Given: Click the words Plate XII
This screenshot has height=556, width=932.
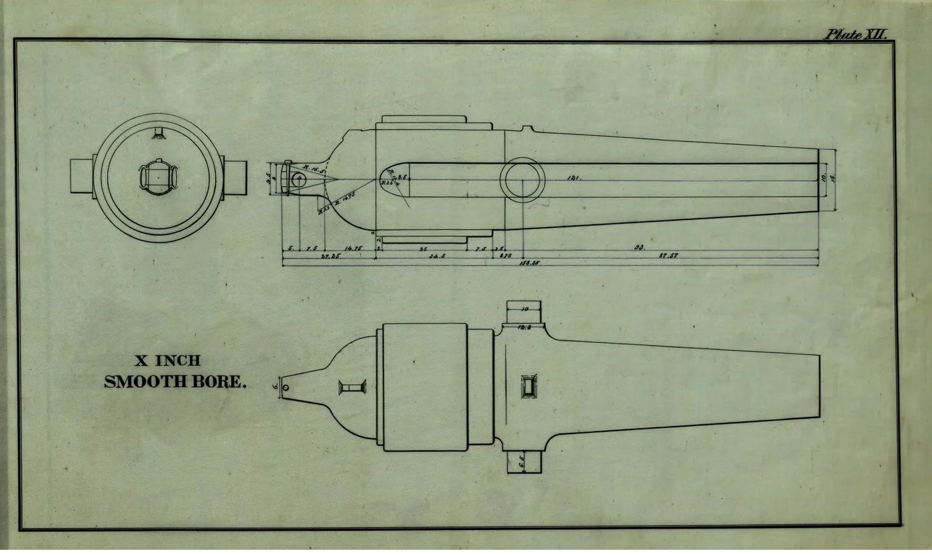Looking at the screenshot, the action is tap(856, 34).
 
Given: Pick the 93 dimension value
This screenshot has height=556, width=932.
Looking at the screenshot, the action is tap(640, 247).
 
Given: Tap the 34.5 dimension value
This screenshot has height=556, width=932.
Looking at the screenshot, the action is tap(437, 256).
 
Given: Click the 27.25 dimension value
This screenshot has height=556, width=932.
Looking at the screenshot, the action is tap(330, 256).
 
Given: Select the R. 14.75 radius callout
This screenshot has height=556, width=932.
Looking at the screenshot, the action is tap(345, 198).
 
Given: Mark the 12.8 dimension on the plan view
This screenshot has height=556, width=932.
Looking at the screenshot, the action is tap(524, 327).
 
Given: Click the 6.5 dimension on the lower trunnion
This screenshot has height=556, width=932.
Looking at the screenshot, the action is tap(522, 462).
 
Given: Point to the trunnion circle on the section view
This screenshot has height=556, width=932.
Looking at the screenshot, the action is tap(523, 180).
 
